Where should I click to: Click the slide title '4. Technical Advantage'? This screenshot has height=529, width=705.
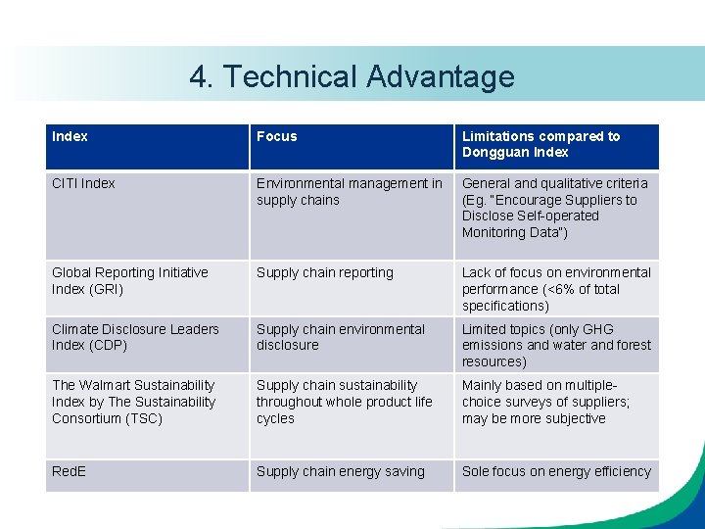pyautogui.click(x=352, y=76)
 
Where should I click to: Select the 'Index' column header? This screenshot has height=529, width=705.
pyautogui.click(x=70, y=136)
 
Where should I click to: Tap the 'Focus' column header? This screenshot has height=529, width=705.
pyautogui.click(x=276, y=136)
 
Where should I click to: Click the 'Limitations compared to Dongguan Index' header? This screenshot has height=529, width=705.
pyautogui.click(x=540, y=144)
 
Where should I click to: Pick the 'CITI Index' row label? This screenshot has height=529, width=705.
pyautogui.click(x=83, y=183)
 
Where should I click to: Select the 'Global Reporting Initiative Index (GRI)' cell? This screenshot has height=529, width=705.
pyautogui.click(x=129, y=280)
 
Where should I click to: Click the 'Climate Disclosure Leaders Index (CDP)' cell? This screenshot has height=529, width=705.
pyautogui.click(x=135, y=337)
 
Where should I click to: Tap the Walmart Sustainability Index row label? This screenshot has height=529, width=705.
pyautogui.click(x=133, y=402)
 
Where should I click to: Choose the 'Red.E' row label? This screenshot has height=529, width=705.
pyautogui.click(x=69, y=471)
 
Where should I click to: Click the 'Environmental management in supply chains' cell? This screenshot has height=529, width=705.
pyautogui.click(x=349, y=191)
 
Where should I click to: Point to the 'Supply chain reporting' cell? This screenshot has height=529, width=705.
pyautogui.click(x=324, y=272)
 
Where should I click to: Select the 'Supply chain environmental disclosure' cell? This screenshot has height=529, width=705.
pyautogui.click(x=340, y=337)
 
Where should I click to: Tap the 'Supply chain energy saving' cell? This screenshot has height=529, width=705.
pyautogui.click(x=340, y=471)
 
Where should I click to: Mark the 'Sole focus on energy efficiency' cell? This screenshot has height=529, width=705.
pyautogui.click(x=555, y=471)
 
